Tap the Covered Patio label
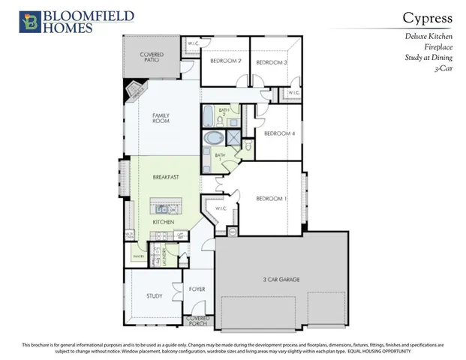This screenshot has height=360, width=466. point(152,58)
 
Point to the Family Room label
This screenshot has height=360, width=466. point(161,118)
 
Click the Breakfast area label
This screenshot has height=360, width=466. point(164,178)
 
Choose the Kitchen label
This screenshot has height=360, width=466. point(164,222)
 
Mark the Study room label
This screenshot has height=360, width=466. point(155,295)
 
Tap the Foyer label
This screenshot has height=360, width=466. point(197,288)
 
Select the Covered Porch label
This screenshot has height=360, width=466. point(198,321)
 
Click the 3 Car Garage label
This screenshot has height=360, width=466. point(281,280)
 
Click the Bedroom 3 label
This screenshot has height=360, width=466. point(272,62)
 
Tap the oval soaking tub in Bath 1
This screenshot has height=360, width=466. point(213,139)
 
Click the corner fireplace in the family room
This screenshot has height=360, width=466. point(135,92)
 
